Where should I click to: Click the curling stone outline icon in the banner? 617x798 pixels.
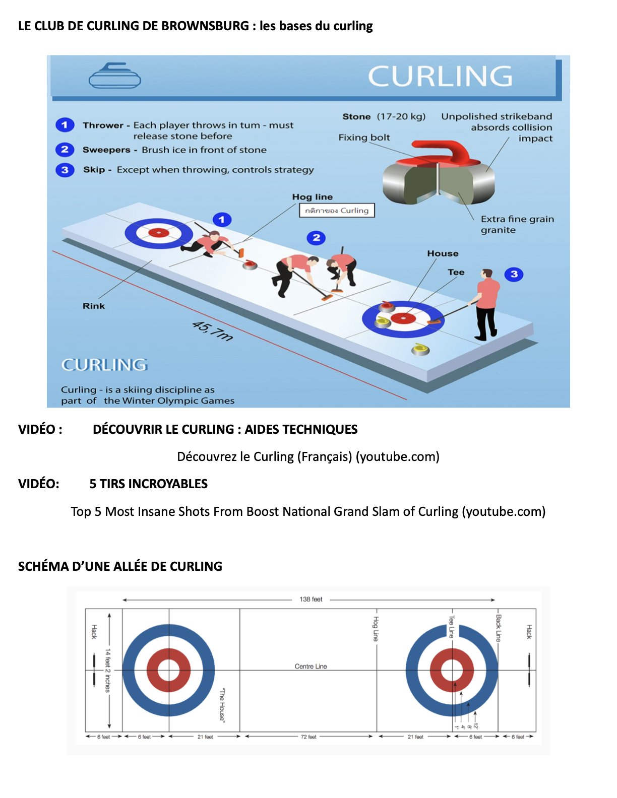114,76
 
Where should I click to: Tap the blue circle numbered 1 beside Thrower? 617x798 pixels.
65,125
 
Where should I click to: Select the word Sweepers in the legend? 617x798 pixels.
106,150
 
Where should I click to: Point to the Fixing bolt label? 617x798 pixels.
364,138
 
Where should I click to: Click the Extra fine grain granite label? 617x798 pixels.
516,225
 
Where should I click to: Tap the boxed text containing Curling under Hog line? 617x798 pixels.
337,211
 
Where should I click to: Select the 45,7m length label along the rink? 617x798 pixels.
213,331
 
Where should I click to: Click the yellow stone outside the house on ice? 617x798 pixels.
420,349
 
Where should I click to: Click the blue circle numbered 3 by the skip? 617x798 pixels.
514,275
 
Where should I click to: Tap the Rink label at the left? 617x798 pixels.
94,306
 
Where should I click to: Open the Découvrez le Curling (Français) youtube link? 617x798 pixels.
308,457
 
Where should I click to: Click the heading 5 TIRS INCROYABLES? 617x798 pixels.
149,484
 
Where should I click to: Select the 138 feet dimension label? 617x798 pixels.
311,600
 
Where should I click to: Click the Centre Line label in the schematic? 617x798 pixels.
311,667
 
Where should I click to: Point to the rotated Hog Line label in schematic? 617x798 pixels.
376,629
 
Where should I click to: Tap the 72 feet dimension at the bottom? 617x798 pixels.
308,737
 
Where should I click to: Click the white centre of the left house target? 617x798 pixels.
169,671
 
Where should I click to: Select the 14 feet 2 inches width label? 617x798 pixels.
107,671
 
